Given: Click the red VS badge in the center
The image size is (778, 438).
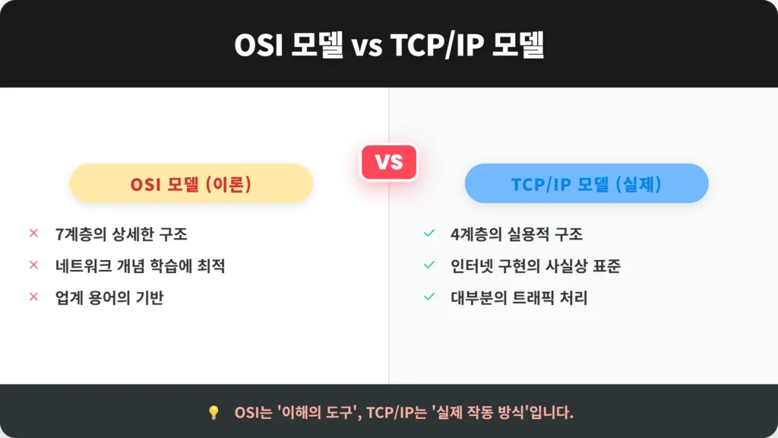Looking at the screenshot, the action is (x=389, y=162).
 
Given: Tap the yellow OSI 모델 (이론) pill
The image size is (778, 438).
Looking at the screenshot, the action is (x=191, y=183).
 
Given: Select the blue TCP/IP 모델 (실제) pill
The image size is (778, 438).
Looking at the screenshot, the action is (x=587, y=183).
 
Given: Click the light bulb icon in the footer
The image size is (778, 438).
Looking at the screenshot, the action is (x=213, y=412).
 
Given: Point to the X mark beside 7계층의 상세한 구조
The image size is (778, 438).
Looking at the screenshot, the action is (x=33, y=233).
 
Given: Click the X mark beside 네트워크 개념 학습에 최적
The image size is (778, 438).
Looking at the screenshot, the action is (x=33, y=265).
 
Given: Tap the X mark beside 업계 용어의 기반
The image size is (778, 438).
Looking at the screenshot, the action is (x=33, y=297).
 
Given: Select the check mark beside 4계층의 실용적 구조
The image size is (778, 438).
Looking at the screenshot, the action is (x=429, y=233).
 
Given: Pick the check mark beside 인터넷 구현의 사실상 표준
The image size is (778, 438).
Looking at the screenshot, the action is (x=429, y=265).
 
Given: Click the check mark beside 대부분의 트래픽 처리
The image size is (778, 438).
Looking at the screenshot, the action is (x=429, y=297).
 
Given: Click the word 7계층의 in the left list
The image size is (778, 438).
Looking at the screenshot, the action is (x=81, y=234).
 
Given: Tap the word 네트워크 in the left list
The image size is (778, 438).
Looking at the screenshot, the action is (x=84, y=265).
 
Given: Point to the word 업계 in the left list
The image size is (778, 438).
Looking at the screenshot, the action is (x=69, y=297).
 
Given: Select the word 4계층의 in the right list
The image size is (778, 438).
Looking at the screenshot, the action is (x=476, y=234).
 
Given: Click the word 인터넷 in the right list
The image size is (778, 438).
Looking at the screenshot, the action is (x=471, y=265).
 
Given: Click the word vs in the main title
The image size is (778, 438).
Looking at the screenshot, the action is (x=367, y=46).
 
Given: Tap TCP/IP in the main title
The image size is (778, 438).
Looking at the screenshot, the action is (x=437, y=45).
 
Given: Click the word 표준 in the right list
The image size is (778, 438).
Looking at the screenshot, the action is (x=607, y=265).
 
